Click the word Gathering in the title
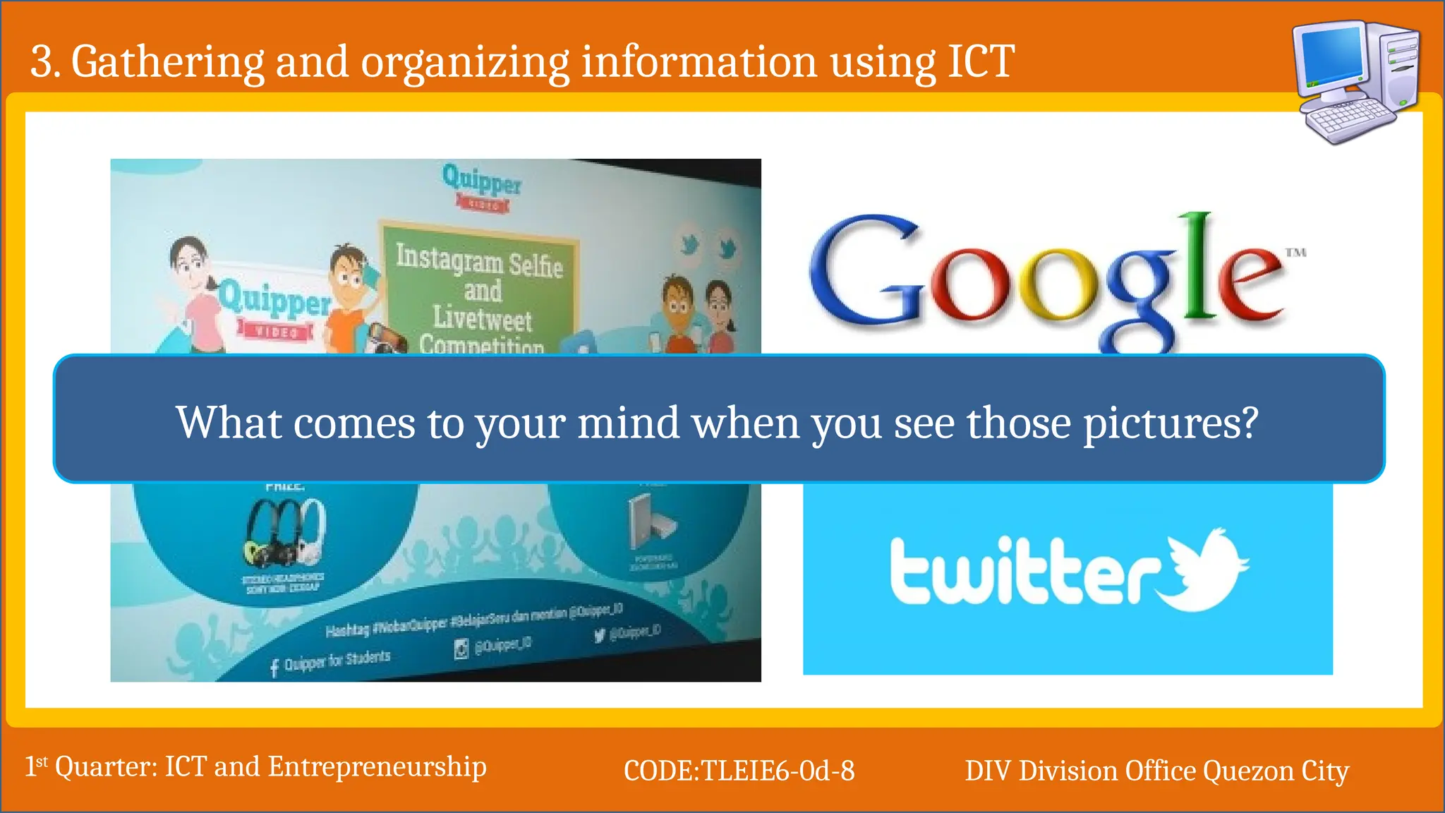point(167,62)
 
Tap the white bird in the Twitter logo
point(1205,568)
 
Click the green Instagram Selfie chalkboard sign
point(480,289)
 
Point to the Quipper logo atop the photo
point(482,182)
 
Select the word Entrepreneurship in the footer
point(377,767)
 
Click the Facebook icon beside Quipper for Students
point(274,668)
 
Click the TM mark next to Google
point(1295,252)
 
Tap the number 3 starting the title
point(42,62)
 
